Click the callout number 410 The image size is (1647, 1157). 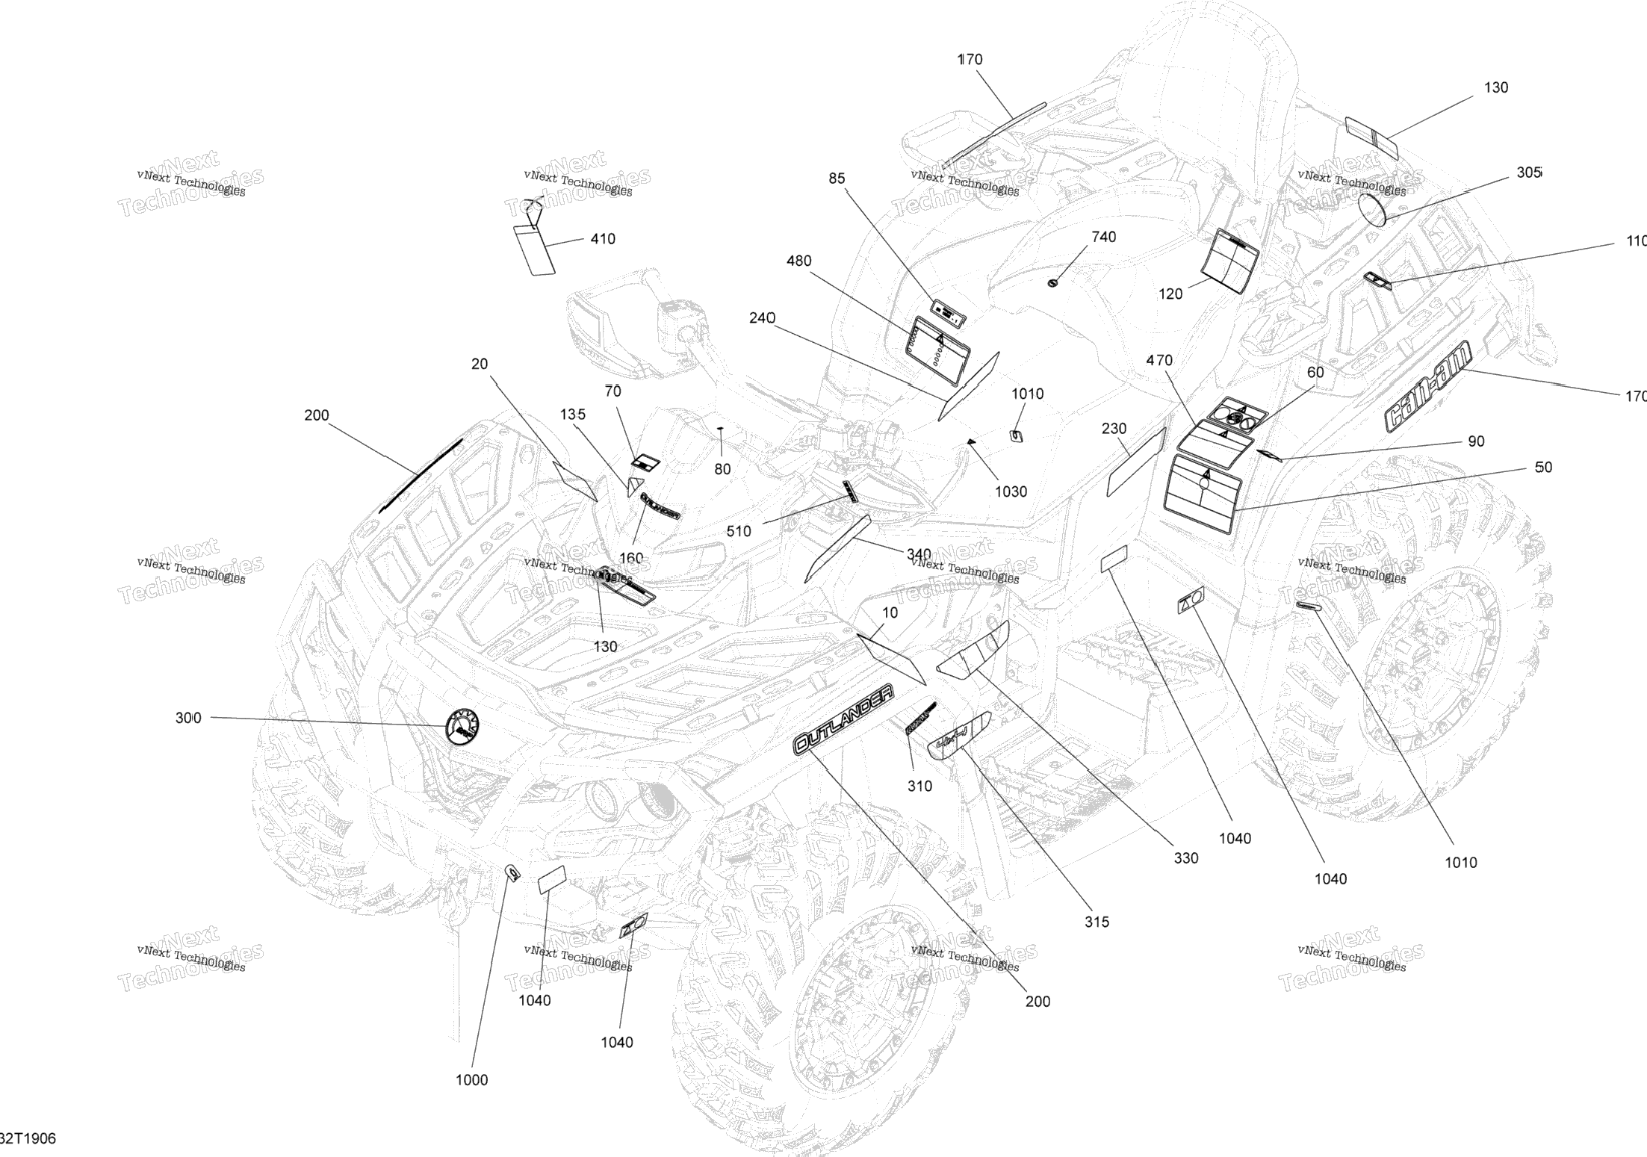point(603,239)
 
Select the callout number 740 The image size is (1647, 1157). point(1103,237)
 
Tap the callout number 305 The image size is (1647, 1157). point(1528,173)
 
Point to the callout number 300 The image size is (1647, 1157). point(188,718)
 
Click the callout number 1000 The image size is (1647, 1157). point(472,1079)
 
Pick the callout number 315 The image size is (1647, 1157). point(1097,922)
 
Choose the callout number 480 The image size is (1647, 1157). point(798,261)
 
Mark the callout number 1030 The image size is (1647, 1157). point(1011,491)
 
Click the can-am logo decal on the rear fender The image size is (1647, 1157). point(1427,386)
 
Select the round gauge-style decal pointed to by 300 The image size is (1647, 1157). point(462,725)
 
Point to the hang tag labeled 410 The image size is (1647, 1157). point(535,248)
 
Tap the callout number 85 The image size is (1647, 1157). point(837,179)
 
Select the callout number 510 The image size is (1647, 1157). point(739,531)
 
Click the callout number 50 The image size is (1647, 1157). point(1543,467)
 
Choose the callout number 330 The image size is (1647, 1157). point(1185,858)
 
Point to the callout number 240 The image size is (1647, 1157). point(762,318)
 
